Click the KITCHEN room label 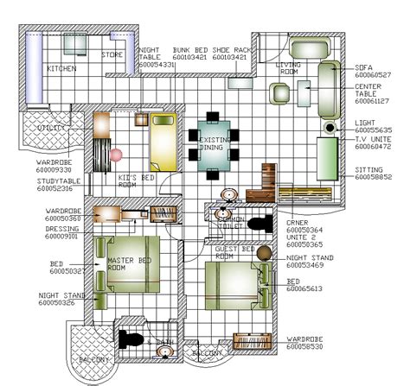tap(61, 68)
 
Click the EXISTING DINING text tap(215, 143)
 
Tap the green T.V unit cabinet tap(328, 157)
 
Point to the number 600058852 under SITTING tap(373, 177)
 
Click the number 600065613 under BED tap(304, 289)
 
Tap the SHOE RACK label tap(233, 50)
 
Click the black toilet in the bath tap(131, 339)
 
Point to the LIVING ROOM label tap(288, 68)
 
